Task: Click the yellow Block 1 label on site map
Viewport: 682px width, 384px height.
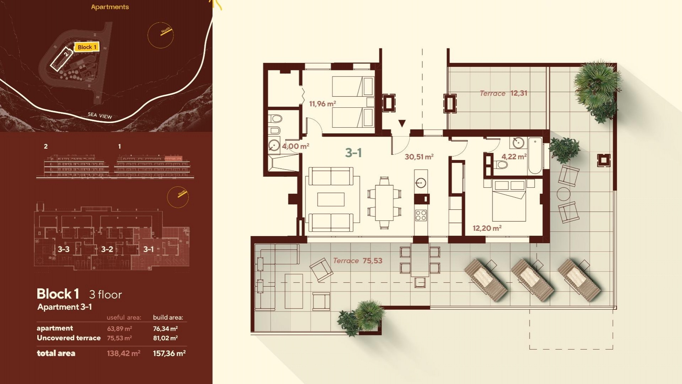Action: pos(87,47)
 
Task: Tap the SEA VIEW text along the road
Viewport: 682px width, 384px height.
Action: pos(100,115)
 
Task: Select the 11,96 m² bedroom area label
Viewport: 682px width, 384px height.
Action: pos(322,104)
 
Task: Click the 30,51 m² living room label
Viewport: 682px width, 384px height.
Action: pos(419,157)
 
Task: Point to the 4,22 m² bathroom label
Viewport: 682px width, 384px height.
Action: pos(514,156)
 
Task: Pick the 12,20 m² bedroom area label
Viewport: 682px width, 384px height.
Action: pos(487,228)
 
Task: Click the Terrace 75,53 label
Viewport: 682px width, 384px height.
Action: pos(358,261)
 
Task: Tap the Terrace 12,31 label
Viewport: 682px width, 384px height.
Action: pos(503,93)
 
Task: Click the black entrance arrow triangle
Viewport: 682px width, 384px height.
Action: pos(402,123)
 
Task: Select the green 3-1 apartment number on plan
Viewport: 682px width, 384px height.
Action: pos(353,153)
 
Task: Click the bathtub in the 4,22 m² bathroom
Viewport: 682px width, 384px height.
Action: pos(535,156)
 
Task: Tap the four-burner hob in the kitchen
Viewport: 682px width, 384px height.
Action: pos(421,215)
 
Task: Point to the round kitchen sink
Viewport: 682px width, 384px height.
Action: pos(421,183)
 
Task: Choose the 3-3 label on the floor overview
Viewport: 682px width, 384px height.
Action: pos(64,249)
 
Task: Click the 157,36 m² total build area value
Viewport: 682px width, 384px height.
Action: pos(169,353)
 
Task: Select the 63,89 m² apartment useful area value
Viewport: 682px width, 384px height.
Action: pos(119,329)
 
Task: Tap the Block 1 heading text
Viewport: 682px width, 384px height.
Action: pos(58,294)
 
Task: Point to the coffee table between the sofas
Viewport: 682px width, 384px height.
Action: pos(331,199)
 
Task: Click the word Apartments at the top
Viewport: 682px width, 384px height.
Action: pos(110,7)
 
